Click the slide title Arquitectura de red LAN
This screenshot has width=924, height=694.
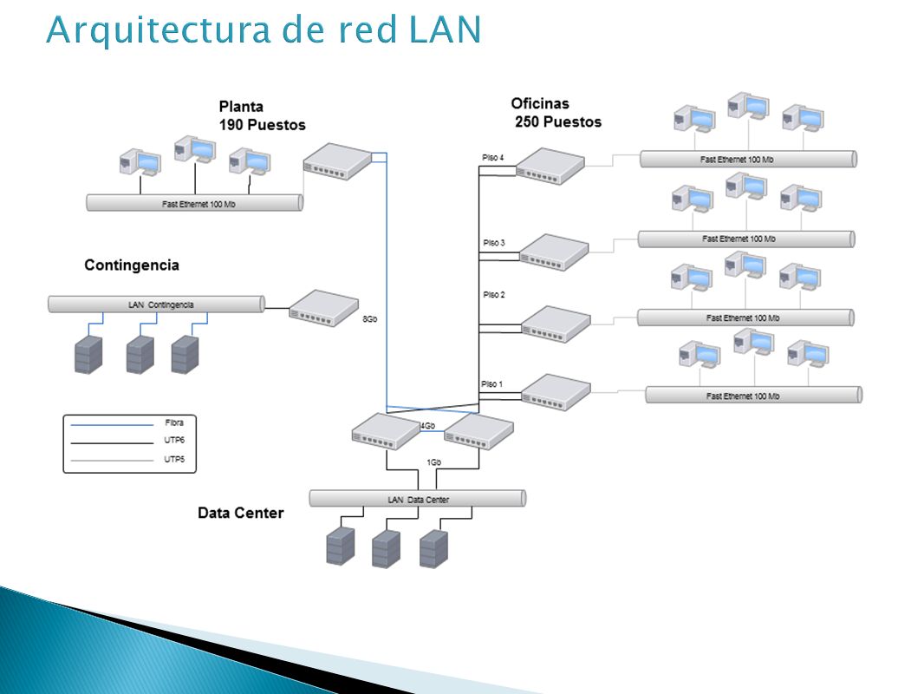[264, 30]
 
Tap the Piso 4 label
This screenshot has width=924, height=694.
[492, 157]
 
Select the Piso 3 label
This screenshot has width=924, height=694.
[494, 242]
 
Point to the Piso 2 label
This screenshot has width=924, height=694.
[494, 294]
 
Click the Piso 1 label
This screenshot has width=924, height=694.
[491, 383]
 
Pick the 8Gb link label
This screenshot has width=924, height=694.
[369, 319]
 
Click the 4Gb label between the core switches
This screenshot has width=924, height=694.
[428, 425]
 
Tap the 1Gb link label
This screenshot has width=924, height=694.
[433, 462]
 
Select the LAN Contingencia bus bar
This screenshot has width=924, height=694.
[157, 304]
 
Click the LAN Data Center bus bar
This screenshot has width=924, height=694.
[418, 499]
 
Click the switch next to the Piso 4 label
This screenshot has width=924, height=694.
[550, 166]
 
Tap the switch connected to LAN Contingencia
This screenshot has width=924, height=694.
[324, 308]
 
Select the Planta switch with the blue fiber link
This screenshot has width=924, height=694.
[338, 161]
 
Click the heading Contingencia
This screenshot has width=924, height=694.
[132, 265]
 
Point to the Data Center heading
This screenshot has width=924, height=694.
[240, 513]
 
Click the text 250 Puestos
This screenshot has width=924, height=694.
[558, 122]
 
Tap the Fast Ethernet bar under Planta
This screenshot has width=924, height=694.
[195, 203]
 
